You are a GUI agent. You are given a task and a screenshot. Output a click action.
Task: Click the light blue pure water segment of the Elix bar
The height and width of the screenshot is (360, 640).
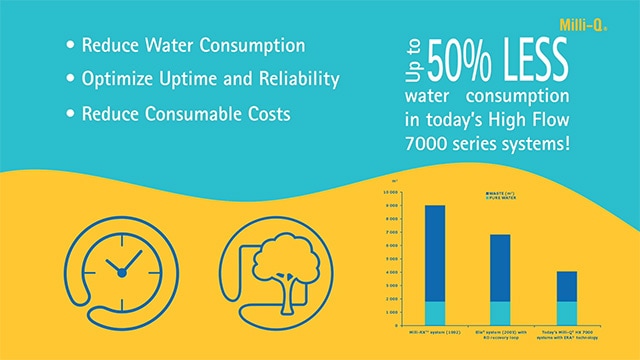click(x=499, y=313)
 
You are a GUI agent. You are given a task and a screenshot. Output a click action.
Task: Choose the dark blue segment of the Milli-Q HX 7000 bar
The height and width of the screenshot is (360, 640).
click(x=565, y=286)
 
